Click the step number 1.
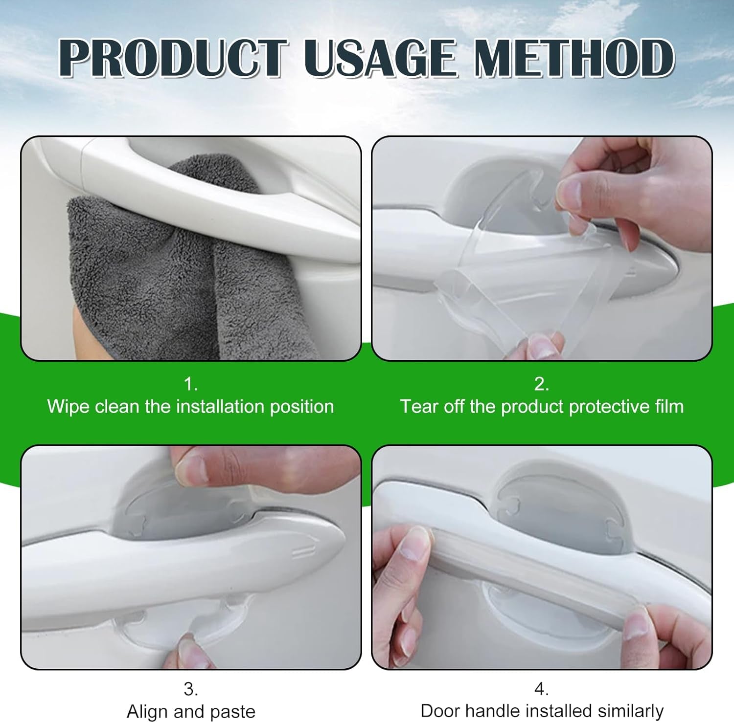click(190, 384)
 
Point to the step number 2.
click(541, 384)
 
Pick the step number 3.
click(190, 689)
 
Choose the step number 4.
click(541, 689)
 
